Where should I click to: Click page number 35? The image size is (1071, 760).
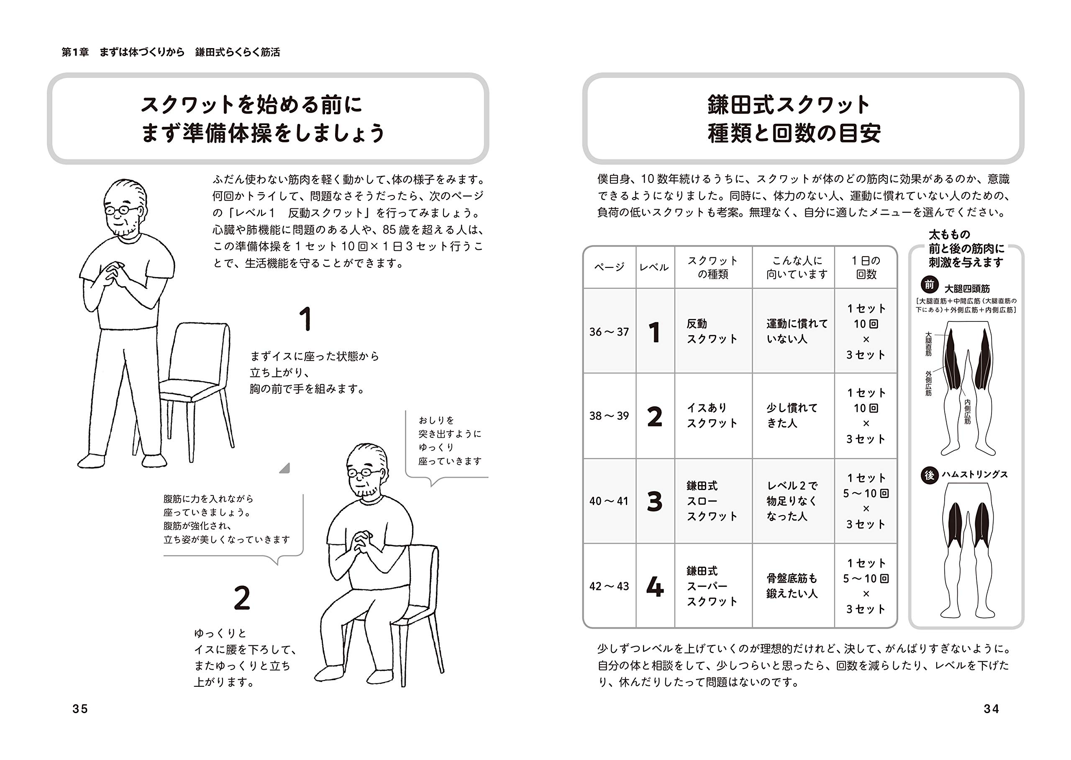click(80, 709)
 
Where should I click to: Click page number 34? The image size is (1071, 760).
click(991, 709)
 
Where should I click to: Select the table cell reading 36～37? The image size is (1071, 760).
click(609, 332)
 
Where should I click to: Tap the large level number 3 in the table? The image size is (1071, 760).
click(654, 501)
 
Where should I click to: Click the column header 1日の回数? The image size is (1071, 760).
click(866, 267)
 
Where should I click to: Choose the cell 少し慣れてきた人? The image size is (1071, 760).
click(792, 416)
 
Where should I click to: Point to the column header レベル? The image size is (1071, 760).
click(654, 267)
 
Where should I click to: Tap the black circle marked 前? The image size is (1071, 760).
click(929, 285)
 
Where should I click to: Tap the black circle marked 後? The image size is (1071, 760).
click(929, 475)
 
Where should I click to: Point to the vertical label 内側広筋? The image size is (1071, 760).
click(967, 411)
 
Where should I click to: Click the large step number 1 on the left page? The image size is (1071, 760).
click(305, 319)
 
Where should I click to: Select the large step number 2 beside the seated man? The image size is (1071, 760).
click(242, 598)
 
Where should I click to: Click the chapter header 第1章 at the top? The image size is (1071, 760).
click(75, 52)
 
